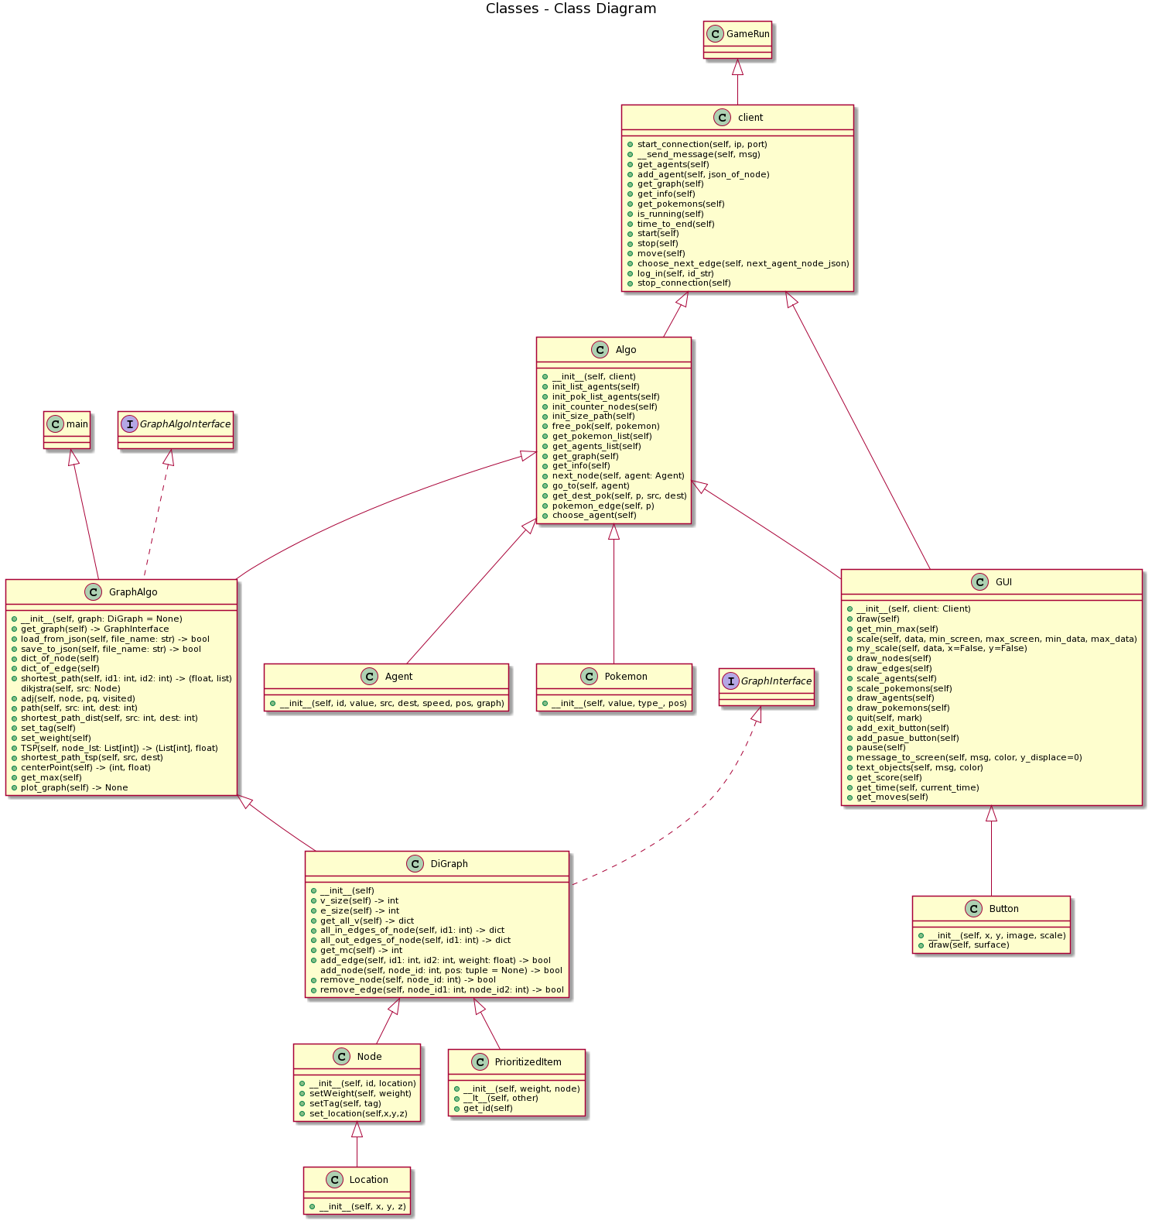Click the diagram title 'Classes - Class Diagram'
[x=571, y=9]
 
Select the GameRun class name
[x=747, y=34]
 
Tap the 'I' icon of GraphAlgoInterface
[x=129, y=424]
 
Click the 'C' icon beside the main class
[x=56, y=424]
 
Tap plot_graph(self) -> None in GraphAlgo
[x=74, y=787]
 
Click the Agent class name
[x=398, y=677]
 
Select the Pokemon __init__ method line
[x=619, y=703]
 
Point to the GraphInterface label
[x=776, y=681]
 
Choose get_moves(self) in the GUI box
[x=891, y=797]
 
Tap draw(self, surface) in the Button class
[x=969, y=945]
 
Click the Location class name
[x=368, y=1180]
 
